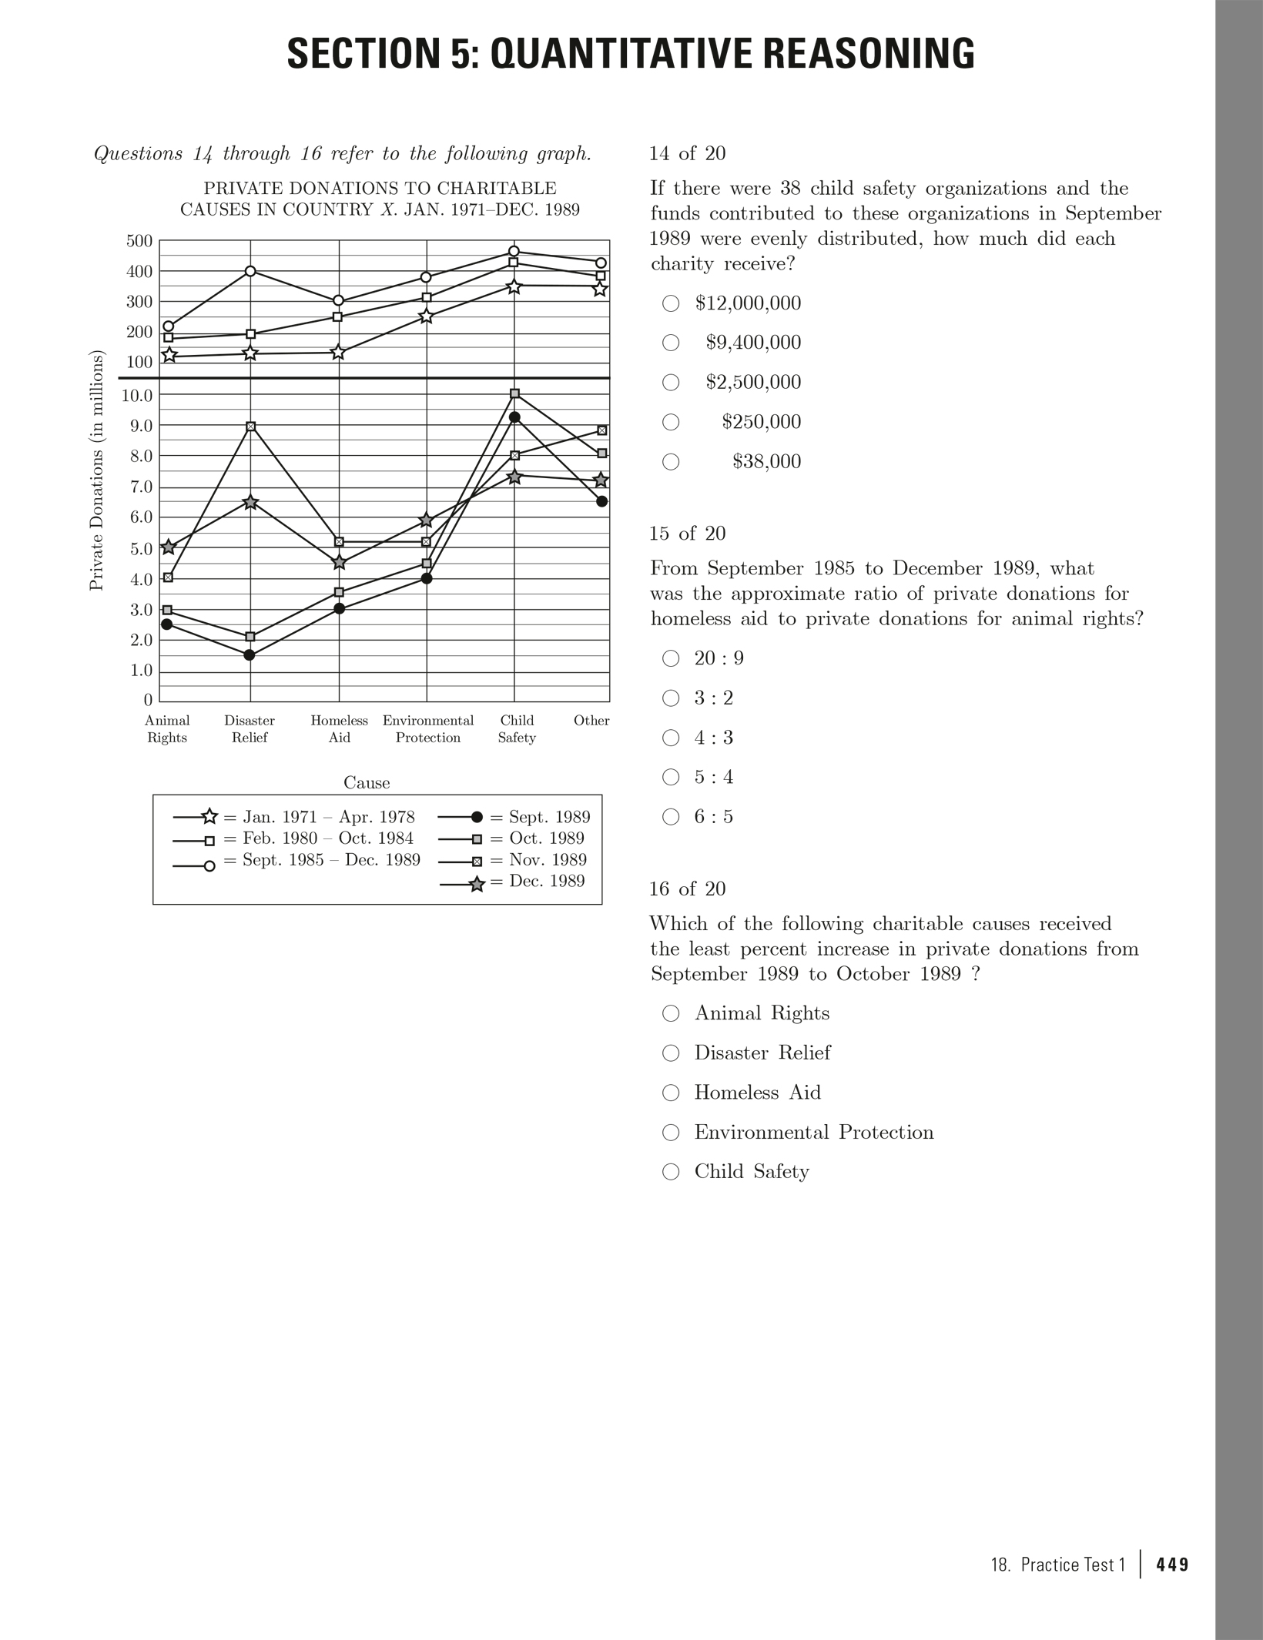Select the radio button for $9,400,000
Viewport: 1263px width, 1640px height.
pos(671,343)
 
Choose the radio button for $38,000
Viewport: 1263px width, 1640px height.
pos(671,462)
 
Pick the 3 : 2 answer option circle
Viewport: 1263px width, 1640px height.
pos(671,698)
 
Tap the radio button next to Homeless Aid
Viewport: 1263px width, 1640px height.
pos(671,1093)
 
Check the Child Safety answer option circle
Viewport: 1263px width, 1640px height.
pos(671,1172)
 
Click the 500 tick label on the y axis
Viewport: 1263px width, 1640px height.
pos(139,241)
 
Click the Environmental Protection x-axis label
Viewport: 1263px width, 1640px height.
pos(428,729)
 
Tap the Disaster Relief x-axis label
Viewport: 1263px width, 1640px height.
pos(250,729)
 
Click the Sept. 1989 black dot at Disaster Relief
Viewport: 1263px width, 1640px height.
pos(250,655)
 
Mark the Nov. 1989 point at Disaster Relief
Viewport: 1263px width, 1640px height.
pos(250,427)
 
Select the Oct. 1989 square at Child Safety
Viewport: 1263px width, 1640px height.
pos(515,394)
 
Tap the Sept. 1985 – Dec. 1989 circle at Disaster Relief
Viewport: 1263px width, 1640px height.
pos(250,271)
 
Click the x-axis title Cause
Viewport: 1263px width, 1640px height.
pos(367,783)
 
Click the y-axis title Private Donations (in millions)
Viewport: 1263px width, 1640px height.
pos(96,470)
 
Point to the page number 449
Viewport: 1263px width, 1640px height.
pos(1172,1565)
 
